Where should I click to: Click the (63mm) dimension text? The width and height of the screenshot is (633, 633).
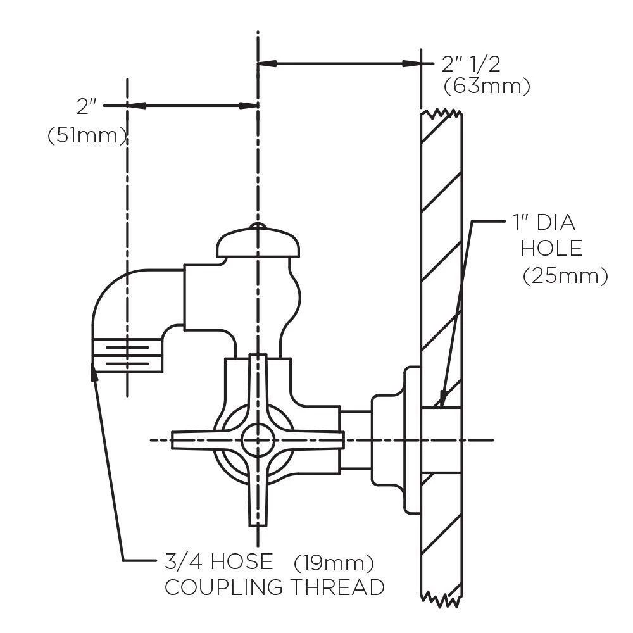coord(487,85)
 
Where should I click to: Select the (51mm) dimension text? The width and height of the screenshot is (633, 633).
coord(87,136)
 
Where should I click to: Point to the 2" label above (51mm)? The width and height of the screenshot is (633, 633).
coord(86,106)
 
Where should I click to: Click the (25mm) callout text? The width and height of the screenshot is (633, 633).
coord(565,276)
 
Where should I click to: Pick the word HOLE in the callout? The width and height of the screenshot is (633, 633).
coord(551,248)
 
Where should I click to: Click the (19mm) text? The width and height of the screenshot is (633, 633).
coord(334,562)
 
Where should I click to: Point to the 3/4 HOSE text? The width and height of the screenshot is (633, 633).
coord(219,561)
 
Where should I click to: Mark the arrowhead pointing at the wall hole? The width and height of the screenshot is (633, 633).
coord(442,398)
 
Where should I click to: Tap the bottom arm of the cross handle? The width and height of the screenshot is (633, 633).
coord(257,500)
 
